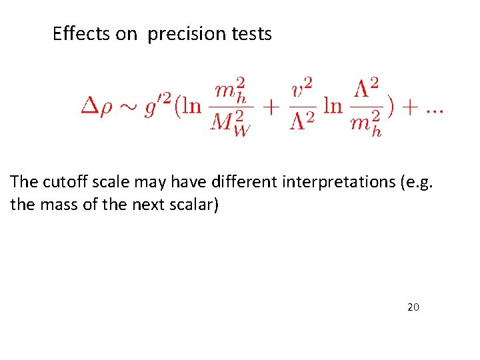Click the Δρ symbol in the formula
pyautogui.click(x=96, y=107)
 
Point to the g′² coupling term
pyautogui.click(x=158, y=106)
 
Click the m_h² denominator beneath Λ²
pyautogui.click(x=367, y=125)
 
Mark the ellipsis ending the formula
pyautogui.click(x=434, y=108)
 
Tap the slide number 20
pyautogui.click(x=413, y=307)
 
